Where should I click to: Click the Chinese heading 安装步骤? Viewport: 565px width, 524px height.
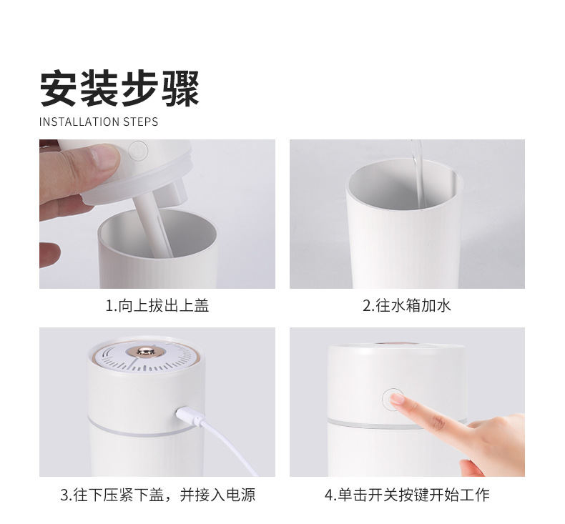click(119, 88)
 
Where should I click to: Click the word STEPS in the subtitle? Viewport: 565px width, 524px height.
click(140, 122)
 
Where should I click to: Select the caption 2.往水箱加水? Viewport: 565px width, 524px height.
click(406, 306)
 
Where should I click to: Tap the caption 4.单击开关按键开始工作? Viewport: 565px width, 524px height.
click(406, 495)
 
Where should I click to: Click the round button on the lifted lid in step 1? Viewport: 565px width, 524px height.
click(138, 151)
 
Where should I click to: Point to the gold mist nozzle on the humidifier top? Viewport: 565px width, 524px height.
click(147, 353)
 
